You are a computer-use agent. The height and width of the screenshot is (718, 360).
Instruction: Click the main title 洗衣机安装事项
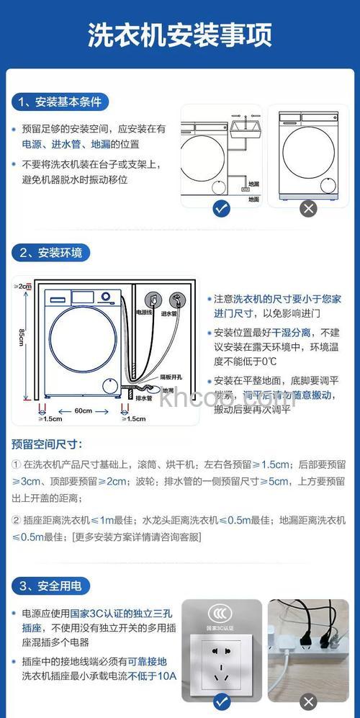tap(180, 35)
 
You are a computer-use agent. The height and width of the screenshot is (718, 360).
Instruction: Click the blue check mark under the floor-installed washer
tap(222, 209)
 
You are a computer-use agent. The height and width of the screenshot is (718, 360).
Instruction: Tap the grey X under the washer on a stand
tap(308, 209)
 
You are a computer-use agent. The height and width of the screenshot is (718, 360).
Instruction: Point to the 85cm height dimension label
tap(23, 336)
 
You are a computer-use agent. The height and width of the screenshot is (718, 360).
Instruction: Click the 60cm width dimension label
tap(83, 410)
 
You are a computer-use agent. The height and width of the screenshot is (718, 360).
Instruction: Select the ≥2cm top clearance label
tap(23, 287)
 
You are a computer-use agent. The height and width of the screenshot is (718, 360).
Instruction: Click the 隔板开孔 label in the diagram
tap(171, 377)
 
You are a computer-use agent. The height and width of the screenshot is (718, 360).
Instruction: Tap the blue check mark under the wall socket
tap(222, 701)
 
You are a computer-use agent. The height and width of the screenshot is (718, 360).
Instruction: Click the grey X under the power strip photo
tap(308, 701)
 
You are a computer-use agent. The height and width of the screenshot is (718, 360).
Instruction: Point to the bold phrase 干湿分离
tap(295, 333)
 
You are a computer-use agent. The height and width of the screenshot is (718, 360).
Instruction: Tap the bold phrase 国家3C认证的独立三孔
tap(122, 614)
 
